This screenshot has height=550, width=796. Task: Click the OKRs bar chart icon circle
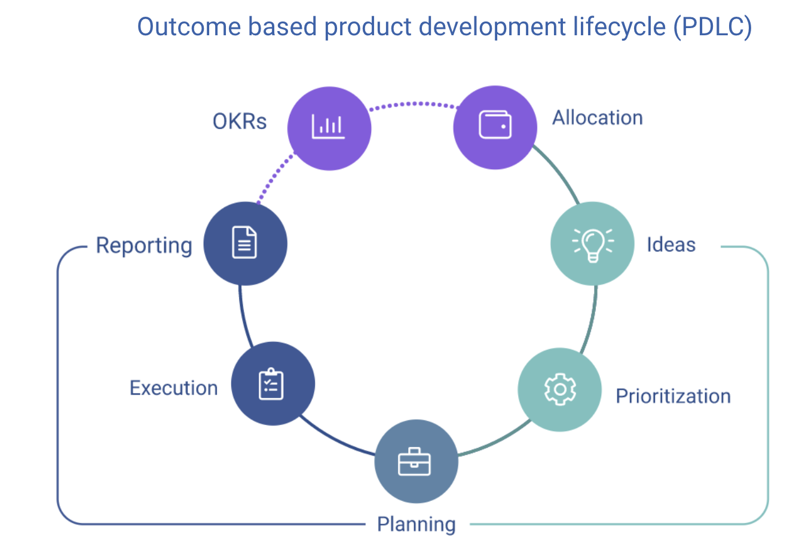(329, 128)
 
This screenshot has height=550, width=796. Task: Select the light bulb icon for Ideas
(592, 243)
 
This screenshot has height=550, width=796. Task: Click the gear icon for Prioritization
(560, 389)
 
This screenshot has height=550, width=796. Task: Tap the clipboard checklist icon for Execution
(273, 384)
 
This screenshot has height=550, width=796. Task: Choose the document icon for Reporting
(245, 243)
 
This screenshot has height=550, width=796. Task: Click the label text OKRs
(240, 121)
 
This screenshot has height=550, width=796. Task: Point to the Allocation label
(597, 118)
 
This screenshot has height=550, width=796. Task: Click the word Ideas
(671, 245)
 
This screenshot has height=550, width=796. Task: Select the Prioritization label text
(673, 396)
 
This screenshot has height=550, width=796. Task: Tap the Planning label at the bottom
(416, 524)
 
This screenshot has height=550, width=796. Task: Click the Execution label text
(174, 388)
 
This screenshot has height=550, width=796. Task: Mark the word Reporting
(144, 245)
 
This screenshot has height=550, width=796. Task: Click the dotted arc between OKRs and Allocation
(412, 104)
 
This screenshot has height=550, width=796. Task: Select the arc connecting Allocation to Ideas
(559, 173)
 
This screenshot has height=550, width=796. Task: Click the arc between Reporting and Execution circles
(243, 317)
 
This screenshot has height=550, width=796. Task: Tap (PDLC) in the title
(712, 27)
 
